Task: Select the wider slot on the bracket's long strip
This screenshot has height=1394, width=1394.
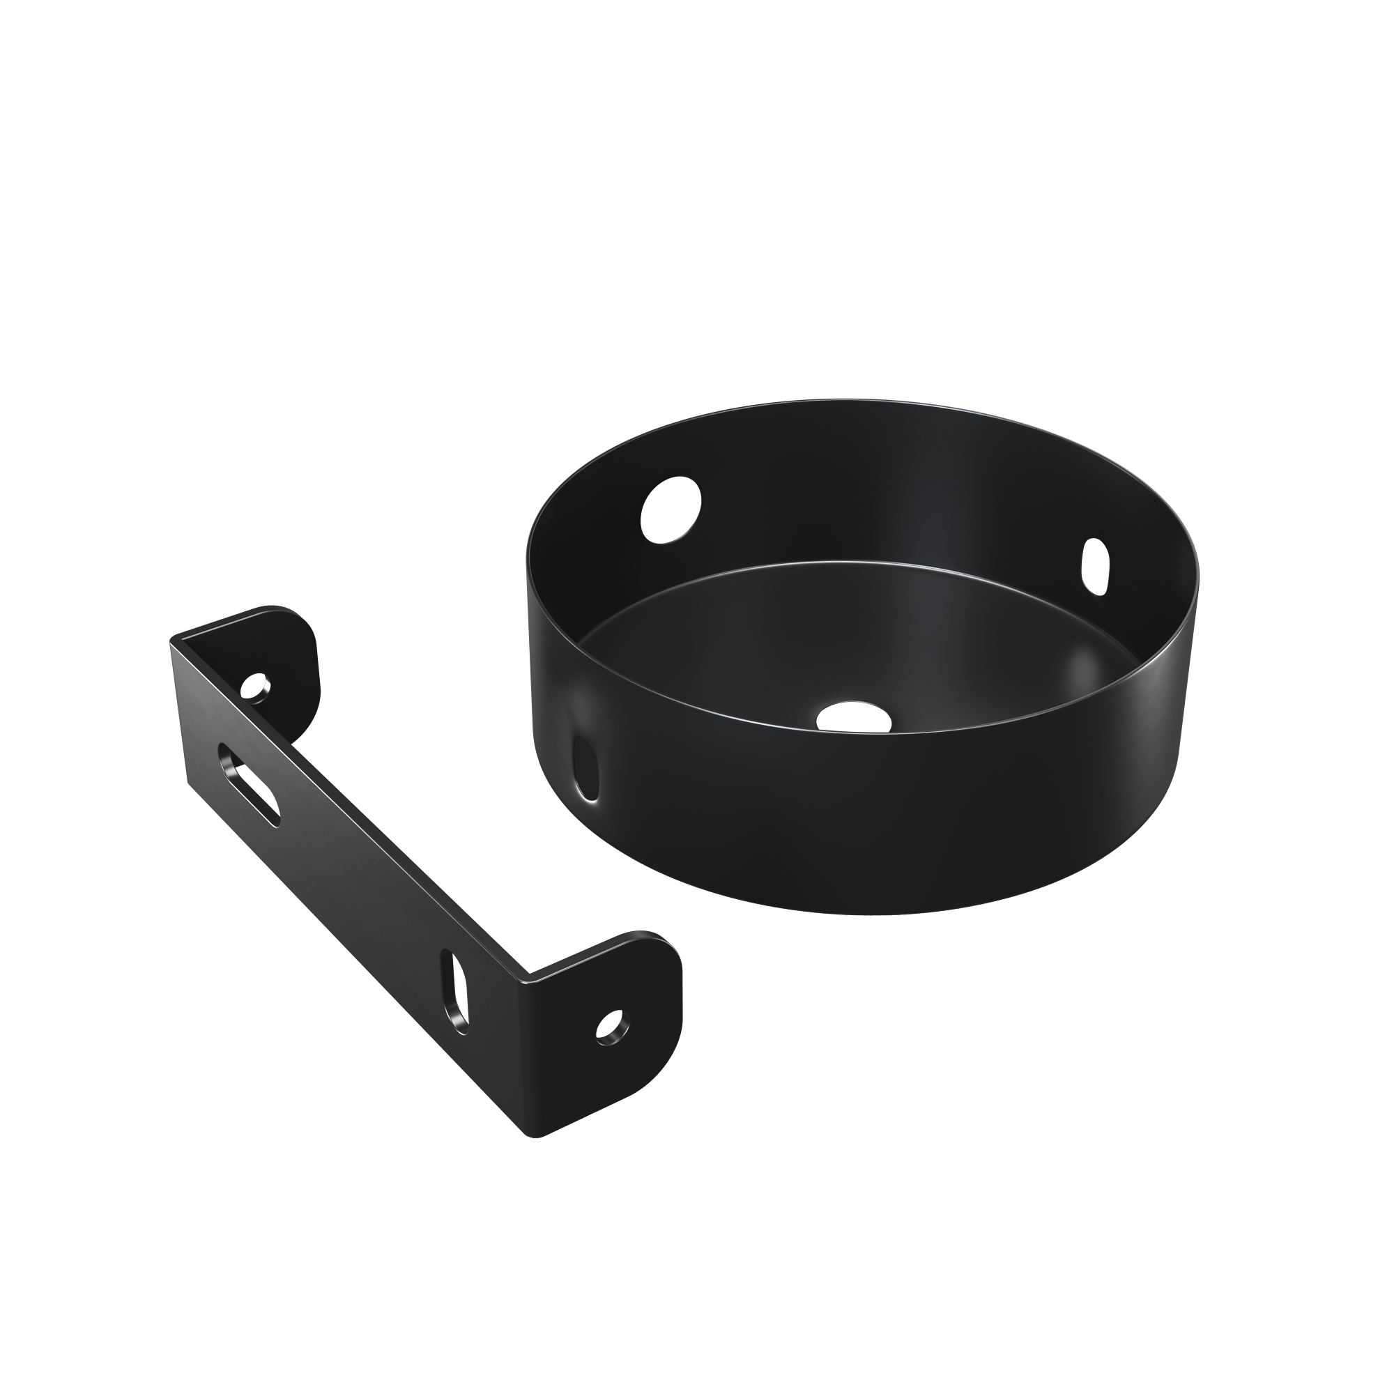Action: click(x=249, y=783)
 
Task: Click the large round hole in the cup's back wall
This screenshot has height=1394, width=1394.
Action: click(x=671, y=510)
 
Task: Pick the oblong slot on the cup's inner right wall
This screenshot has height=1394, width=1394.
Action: click(x=1095, y=567)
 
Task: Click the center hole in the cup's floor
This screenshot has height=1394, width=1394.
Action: click(x=853, y=716)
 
